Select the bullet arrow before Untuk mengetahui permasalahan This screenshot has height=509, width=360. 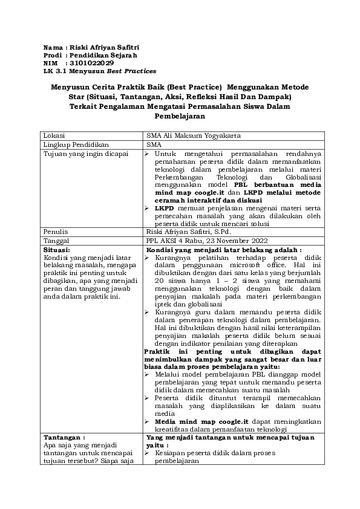(x=149, y=154)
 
